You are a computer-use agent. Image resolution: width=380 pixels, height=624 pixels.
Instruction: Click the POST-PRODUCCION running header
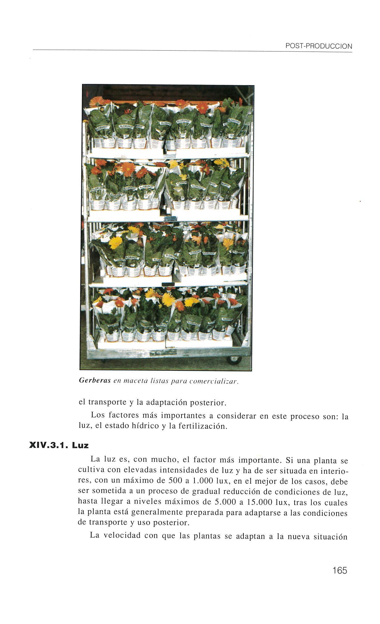point(318,46)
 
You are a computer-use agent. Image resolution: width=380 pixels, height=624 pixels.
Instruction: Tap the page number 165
point(340,570)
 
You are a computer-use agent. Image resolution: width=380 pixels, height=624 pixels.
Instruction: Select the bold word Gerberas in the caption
point(95,380)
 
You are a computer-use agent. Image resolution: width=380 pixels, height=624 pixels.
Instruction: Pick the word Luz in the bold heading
point(80,445)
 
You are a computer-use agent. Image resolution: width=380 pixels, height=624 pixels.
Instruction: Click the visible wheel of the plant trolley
point(234,360)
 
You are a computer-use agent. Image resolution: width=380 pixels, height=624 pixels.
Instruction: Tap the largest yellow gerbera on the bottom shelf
point(168,299)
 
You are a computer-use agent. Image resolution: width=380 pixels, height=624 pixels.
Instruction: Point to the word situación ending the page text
point(330,536)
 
